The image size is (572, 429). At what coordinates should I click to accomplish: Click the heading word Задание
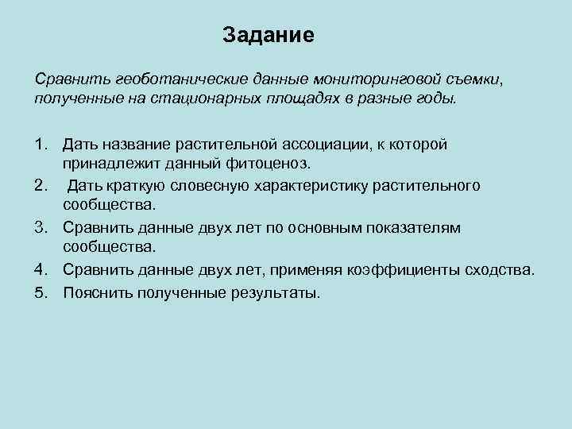click(269, 36)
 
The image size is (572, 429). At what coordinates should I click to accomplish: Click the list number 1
click(41, 145)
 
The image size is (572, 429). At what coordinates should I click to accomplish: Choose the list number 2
click(41, 186)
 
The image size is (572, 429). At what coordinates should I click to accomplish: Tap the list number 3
click(41, 228)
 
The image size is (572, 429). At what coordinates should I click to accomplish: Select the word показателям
click(412, 228)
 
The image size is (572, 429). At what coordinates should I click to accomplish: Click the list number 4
click(41, 270)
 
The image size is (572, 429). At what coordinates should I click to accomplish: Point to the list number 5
click(41, 292)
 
